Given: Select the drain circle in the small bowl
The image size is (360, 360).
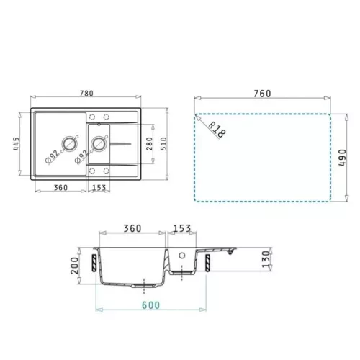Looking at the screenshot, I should point(99,143).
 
